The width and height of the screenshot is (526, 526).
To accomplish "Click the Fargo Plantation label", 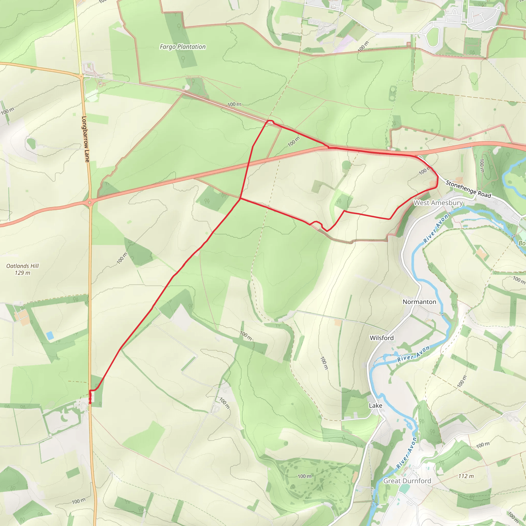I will click(x=182, y=47).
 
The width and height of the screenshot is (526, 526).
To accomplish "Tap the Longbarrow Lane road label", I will click(x=85, y=139).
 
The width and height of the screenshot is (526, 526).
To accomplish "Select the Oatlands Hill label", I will click(x=23, y=266).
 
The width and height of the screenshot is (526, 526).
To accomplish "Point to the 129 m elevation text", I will click(x=23, y=273).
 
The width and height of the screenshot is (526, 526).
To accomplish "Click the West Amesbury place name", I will click(x=438, y=203).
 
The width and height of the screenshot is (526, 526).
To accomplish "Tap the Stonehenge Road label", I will click(x=468, y=189).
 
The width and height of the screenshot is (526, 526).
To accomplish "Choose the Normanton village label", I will click(x=419, y=302).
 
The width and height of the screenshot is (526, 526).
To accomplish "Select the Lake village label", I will click(x=375, y=405).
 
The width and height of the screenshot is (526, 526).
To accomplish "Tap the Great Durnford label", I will click(x=407, y=481).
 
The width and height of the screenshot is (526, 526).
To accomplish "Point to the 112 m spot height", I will click(x=466, y=476).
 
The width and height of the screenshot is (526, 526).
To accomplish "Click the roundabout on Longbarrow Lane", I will click(x=90, y=202).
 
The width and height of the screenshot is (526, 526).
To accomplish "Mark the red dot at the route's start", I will click(x=90, y=403).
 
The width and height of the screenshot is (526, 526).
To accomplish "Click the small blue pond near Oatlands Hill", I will click(x=50, y=336).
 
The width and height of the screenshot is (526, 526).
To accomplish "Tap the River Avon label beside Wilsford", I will click(x=413, y=354).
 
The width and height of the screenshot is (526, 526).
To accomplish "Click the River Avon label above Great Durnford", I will click(x=406, y=453).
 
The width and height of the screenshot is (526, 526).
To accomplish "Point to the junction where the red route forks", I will click(x=240, y=199).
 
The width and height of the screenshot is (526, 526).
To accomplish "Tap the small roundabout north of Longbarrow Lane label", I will click(x=81, y=77).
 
